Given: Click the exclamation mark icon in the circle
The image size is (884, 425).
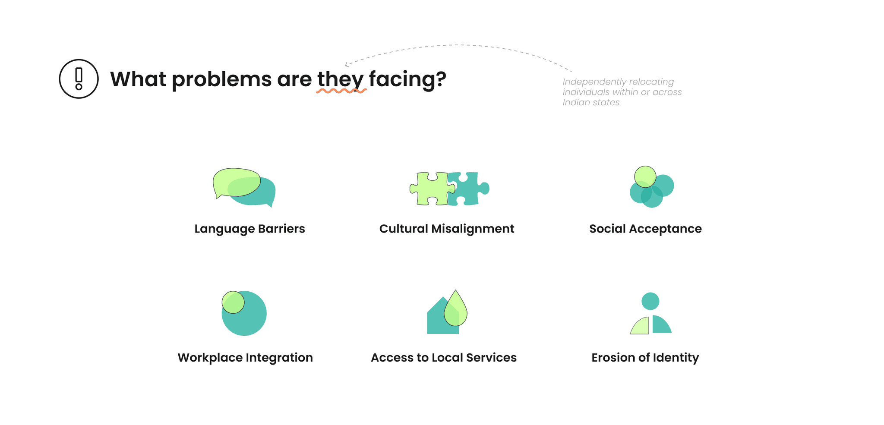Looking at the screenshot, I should coord(79,79).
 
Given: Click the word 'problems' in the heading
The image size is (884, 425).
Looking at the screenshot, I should coord(221,79).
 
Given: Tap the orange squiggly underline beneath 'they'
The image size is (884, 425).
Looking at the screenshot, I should coord(341,91).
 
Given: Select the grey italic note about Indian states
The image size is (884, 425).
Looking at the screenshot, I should coord(622,92).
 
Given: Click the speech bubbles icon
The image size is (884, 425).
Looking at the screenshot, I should coord(244,187).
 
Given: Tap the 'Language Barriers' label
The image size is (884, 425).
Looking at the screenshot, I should coord(249,229).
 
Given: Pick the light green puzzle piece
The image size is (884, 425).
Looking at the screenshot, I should coord(429,189).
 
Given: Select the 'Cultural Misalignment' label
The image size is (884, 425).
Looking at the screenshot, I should coord(446,229).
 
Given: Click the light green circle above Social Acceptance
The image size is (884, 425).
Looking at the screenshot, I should coord(645,176).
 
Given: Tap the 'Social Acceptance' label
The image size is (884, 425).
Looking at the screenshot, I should coord(645,229).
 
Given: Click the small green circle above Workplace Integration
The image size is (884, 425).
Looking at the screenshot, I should coord(233,302).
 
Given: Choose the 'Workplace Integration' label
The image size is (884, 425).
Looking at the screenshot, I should coord(245,358).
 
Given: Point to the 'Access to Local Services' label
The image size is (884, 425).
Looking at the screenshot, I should coord(443,358).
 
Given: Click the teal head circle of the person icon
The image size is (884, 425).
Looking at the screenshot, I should coord(650,301).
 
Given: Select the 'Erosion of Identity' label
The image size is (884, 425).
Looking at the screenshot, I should coord(645,358).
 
